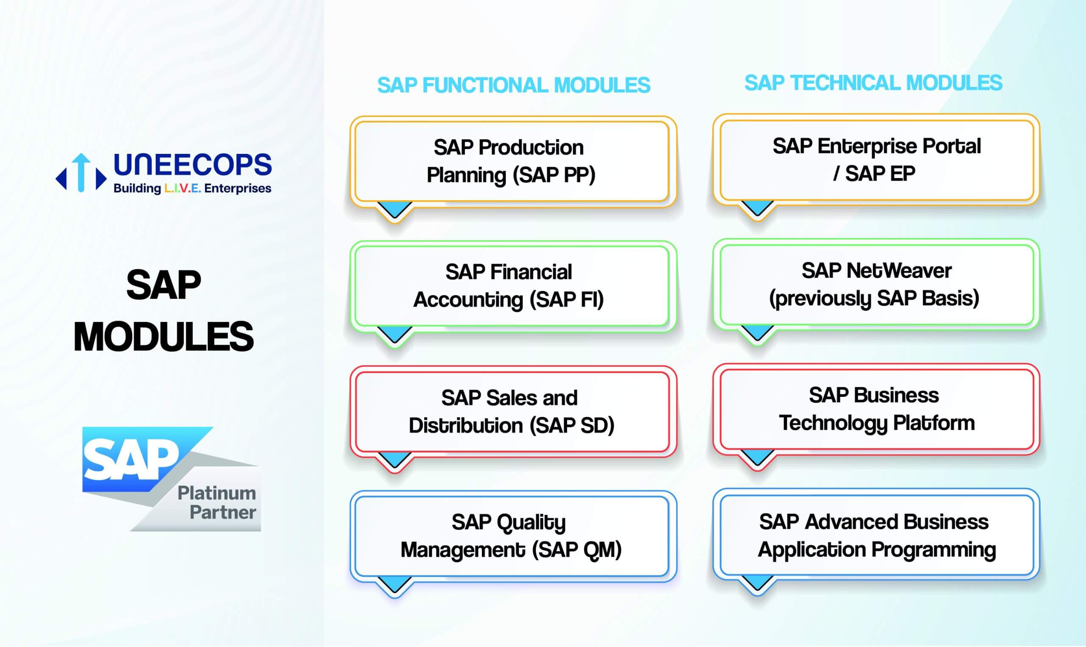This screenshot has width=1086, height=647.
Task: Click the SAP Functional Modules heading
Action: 513,85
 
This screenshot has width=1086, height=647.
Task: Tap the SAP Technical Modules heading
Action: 873,83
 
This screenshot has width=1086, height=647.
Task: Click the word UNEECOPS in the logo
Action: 192,165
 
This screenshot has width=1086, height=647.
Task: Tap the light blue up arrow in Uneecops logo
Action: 81,172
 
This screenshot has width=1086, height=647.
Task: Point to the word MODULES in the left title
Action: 164,336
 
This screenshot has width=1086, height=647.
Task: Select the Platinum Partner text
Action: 217,503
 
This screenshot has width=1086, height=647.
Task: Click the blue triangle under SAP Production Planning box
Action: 395,209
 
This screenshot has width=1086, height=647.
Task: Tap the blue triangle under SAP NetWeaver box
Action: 758,332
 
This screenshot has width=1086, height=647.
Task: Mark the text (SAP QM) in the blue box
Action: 577,550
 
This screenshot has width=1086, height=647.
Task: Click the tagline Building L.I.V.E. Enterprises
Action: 192,188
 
